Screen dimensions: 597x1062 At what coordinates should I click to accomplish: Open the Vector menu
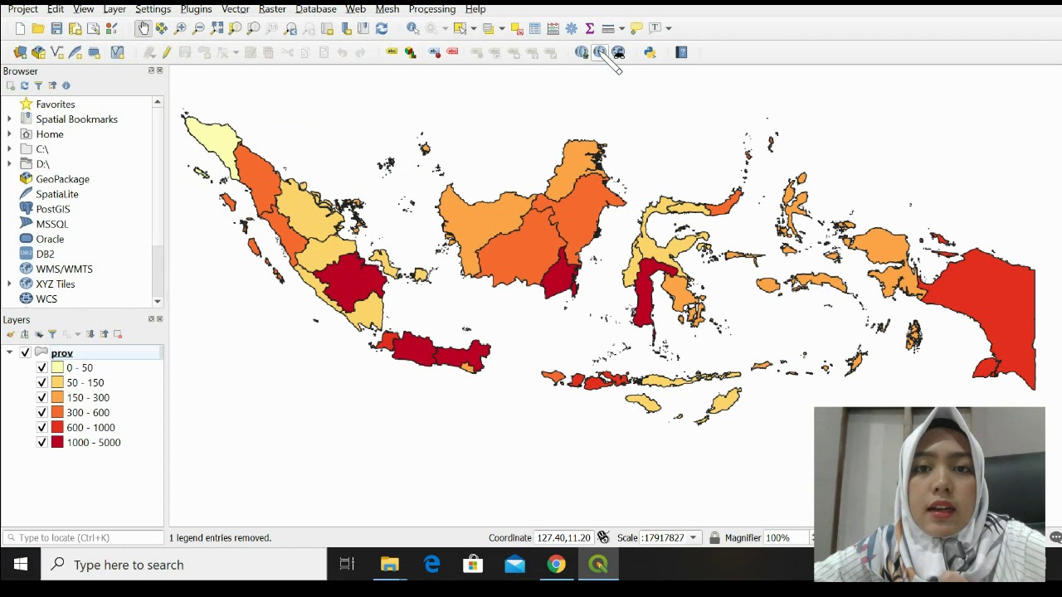click(x=235, y=9)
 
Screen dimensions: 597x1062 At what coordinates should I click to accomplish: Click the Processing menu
click(x=431, y=9)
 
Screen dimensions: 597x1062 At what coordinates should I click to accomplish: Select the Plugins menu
click(x=196, y=9)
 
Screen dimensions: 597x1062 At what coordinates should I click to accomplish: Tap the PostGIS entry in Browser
click(x=52, y=209)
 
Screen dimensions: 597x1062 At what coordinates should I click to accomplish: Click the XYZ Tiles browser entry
click(x=55, y=284)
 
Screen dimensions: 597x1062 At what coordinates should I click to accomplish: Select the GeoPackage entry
click(x=62, y=179)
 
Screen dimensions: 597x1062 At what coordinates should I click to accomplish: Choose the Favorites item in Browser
click(x=55, y=104)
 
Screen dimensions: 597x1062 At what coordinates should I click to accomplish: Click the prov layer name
click(x=61, y=352)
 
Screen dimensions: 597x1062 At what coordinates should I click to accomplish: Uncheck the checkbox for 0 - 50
click(x=42, y=367)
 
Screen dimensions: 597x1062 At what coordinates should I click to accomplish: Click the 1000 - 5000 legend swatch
click(x=57, y=442)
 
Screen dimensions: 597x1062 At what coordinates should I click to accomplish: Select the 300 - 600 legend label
click(x=88, y=412)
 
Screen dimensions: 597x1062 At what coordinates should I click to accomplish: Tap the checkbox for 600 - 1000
click(x=42, y=427)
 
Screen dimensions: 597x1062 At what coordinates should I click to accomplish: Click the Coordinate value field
click(x=563, y=537)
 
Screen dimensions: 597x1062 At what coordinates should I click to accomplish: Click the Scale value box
click(x=662, y=537)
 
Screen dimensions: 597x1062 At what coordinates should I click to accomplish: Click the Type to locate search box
click(x=83, y=537)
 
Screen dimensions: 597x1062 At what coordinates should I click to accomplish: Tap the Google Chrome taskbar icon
click(x=556, y=565)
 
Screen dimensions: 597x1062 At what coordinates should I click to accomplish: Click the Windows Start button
click(x=21, y=565)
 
